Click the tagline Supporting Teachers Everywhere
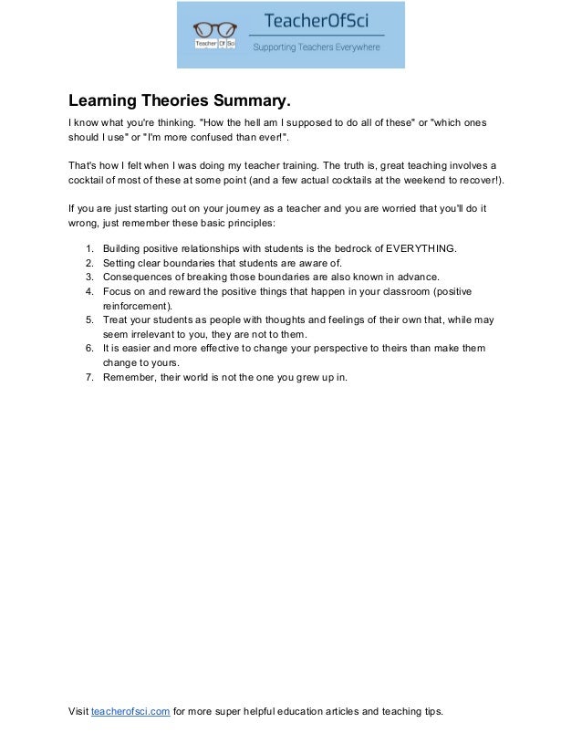pos(316,47)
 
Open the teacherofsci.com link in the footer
pos(130,712)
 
